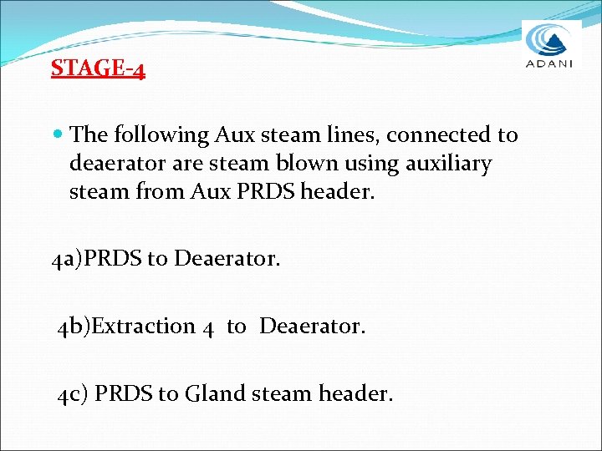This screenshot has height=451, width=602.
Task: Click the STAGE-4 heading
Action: coord(98,68)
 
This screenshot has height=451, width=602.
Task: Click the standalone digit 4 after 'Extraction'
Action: coord(208,327)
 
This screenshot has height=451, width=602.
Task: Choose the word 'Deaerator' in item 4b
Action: coord(313,326)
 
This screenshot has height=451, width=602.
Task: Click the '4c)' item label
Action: coord(72,393)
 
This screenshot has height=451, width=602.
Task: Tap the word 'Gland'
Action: coord(217,393)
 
